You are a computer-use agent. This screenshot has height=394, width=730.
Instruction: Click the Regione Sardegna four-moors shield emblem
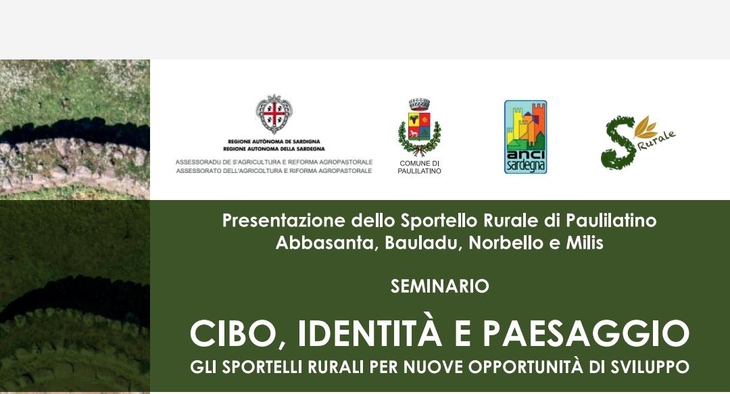point(274,114)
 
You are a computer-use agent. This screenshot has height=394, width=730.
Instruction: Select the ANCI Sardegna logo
point(526,137)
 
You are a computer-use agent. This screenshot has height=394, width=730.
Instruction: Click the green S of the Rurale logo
point(618,143)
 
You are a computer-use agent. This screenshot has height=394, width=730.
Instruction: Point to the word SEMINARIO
point(439,286)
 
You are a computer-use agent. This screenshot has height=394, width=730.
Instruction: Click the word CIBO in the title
point(236,333)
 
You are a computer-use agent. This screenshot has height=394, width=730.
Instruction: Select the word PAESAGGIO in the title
point(585,333)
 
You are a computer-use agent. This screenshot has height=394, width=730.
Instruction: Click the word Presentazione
point(285,220)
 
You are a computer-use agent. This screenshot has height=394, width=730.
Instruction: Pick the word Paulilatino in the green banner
point(611,220)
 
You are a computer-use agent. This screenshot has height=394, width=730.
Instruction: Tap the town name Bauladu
point(422,243)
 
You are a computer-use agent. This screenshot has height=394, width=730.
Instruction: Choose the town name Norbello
point(502,243)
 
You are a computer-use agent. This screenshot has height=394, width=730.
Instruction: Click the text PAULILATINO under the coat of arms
point(420,172)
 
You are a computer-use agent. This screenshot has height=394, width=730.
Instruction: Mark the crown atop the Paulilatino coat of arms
point(419,104)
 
